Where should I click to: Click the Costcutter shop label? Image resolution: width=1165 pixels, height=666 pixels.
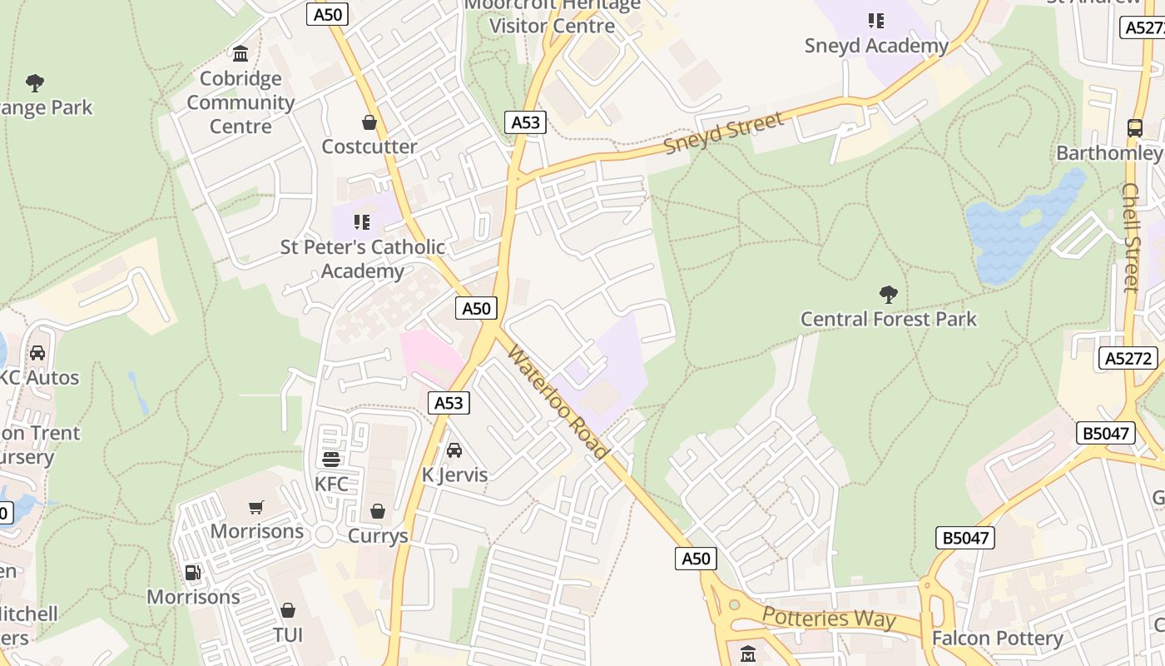[369, 147]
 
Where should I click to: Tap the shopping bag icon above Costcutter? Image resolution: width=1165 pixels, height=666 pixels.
[369, 123]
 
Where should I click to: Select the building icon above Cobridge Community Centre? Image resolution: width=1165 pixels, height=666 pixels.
[240, 54]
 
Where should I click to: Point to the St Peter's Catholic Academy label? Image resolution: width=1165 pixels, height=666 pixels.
[362, 259]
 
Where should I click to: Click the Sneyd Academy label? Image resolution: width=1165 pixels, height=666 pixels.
[876, 46]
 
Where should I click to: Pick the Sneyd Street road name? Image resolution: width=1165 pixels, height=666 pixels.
[724, 133]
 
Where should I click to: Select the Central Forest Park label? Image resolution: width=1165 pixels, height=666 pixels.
[888, 319]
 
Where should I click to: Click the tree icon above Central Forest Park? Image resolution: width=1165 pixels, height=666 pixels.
[888, 294]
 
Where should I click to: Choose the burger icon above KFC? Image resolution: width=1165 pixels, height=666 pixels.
[331, 460]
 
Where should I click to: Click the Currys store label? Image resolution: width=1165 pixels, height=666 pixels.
[378, 535]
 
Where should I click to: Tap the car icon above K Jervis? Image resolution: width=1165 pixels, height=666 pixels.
[454, 450]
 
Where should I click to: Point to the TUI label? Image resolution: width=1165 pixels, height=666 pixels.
[288, 635]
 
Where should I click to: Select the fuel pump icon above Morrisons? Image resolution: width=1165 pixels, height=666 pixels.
[193, 573]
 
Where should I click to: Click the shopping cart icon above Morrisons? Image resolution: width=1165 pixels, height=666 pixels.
[256, 507]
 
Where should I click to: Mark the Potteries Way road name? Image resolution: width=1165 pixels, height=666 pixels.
[829, 619]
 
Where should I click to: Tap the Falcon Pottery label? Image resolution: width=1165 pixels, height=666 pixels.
[997, 639]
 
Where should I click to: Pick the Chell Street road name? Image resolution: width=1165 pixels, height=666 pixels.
[1130, 237]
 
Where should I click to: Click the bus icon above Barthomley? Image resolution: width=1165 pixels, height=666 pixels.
[1135, 128]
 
